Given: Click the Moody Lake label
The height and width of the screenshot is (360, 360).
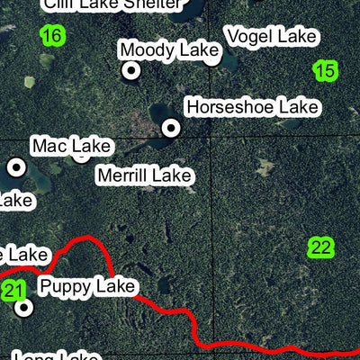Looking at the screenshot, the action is click(x=169, y=50).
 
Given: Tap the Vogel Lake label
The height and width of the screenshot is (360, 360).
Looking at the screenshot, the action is click(x=272, y=37).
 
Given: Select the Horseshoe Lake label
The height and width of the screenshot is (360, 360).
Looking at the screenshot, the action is click(x=252, y=107).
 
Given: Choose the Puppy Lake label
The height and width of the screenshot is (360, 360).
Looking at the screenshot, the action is click(x=87, y=287).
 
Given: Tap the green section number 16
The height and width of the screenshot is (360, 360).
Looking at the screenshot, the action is click(x=53, y=36).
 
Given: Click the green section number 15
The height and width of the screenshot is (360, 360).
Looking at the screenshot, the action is click(x=326, y=70).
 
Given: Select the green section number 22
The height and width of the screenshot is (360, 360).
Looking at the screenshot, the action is click(x=320, y=247).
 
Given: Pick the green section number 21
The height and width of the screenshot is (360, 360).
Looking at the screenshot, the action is click(x=13, y=290).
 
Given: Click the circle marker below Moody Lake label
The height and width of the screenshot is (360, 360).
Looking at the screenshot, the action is click(x=131, y=70).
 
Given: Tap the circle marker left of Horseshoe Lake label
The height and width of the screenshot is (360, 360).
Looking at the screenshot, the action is click(x=170, y=129).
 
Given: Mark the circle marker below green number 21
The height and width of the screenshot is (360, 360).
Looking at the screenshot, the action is click(x=24, y=308).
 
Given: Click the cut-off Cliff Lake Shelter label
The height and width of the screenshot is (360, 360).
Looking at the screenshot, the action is click(x=98, y=4).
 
